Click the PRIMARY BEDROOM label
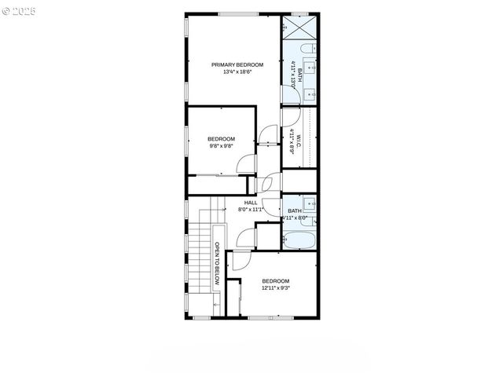237,64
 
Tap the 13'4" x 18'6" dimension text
237,71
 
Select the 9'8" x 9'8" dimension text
221,145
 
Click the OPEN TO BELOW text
217,264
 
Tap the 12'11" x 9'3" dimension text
276,288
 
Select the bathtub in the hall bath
299,240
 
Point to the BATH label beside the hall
295,210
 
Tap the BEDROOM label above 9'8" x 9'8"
221,139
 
